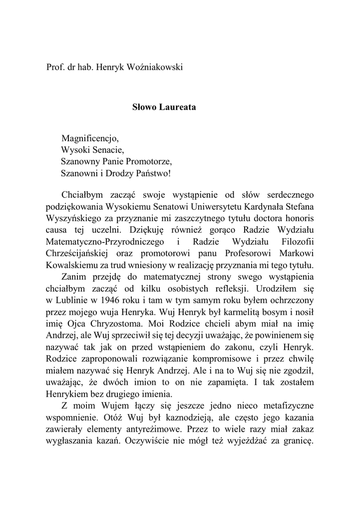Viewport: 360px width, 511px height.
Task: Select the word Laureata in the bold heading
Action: click(x=177, y=107)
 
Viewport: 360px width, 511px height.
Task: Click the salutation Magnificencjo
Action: click(x=90, y=138)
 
